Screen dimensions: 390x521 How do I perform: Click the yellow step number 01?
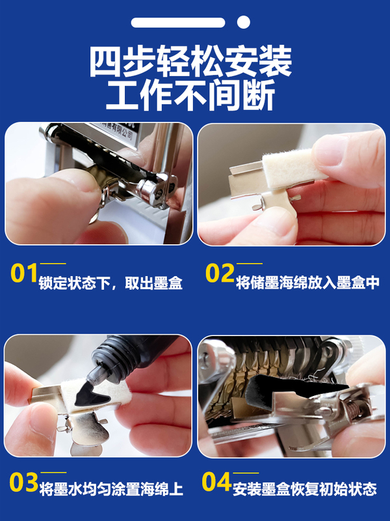tap(23, 273)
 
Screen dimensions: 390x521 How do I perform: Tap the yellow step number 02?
tap(220, 273)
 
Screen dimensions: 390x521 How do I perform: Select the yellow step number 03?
tap(23, 482)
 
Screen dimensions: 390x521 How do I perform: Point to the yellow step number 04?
tap(216, 482)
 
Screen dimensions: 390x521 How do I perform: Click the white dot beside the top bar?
tap(243, 22)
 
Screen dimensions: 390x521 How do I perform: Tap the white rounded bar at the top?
tap(178, 22)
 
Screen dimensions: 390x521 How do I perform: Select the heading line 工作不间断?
tap(190, 95)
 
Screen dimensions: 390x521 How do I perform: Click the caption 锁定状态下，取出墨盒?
tap(110, 283)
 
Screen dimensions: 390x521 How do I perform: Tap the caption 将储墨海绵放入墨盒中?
tap(307, 283)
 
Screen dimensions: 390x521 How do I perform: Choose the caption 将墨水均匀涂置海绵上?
tap(111, 490)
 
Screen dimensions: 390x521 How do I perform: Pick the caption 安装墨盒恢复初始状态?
tap(305, 489)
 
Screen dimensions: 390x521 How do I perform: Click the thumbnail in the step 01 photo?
tap(79, 182)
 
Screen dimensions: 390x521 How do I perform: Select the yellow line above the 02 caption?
tap(250, 264)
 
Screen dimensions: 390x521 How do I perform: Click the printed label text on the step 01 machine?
tap(116, 131)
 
